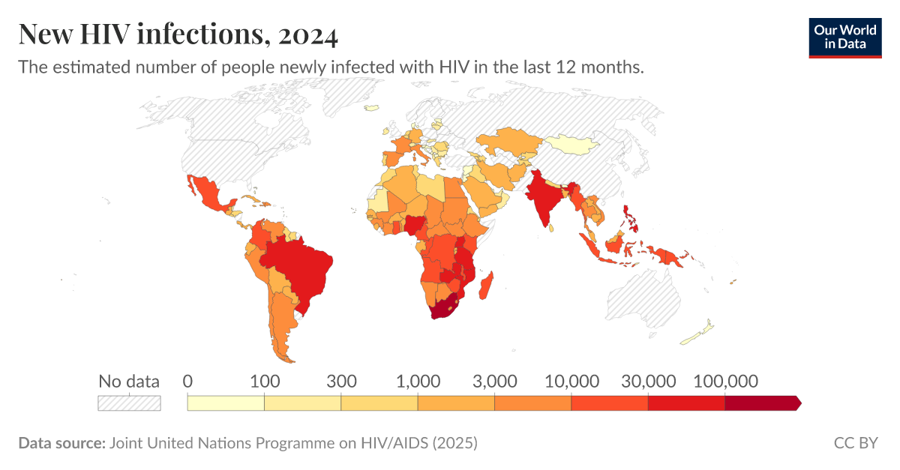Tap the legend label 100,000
[724, 381]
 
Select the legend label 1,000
[418, 381]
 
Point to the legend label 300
[341, 381]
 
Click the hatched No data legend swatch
[129, 403]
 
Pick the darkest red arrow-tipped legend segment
[761, 403]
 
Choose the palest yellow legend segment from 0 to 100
[226, 403]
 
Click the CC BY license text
[855, 443]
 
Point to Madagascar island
[488, 286]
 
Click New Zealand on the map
[702, 333]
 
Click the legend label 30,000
[648, 381]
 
